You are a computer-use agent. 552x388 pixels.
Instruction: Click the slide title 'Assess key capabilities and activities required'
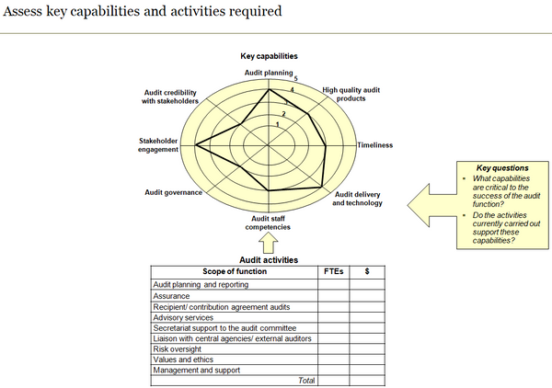[x=142, y=13]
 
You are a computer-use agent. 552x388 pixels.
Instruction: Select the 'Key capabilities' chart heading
[x=269, y=57]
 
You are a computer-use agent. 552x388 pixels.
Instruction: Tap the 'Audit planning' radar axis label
[x=268, y=72]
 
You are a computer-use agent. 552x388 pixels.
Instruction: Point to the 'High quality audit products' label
[x=351, y=94]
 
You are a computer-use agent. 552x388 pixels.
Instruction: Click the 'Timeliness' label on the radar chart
[x=374, y=144]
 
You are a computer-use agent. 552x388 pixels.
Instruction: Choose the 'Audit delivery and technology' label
[x=357, y=199]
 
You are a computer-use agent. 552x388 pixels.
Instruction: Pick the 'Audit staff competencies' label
[x=269, y=222]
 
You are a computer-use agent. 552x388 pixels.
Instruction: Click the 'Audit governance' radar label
[x=174, y=192]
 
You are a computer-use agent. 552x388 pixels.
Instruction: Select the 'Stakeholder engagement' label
[x=158, y=145]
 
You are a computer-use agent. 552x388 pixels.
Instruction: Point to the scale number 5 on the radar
[x=295, y=79]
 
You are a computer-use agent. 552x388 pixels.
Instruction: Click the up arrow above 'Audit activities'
[x=269, y=244]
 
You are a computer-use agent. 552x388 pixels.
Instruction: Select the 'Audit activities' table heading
[x=269, y=260]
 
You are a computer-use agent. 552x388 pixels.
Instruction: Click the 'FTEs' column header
[x=333, y=271]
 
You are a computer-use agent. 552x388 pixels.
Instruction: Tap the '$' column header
[x=367, y=271]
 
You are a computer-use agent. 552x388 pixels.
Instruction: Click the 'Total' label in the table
[x=305, y=380]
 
